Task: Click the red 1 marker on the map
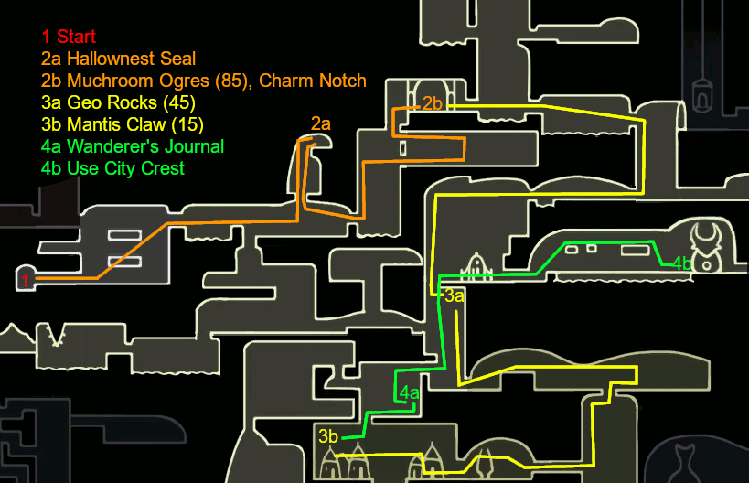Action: (x=25, y=278)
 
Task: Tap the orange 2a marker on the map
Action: (x=320, y=123)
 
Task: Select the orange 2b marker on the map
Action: (x=433, y=103)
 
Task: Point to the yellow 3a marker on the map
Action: (x=455, y=295)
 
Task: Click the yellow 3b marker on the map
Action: (x=328, y=435)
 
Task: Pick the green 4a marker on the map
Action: (x=409, y=394)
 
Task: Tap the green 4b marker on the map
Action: (x=681, y=263)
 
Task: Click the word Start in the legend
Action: (x=77, y=38)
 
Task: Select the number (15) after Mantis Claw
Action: (x=185, y=124)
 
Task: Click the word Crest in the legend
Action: (x=163, y=168)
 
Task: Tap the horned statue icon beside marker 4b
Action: (x=707, y=248)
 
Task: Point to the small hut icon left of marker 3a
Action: (x=476, y=267)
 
